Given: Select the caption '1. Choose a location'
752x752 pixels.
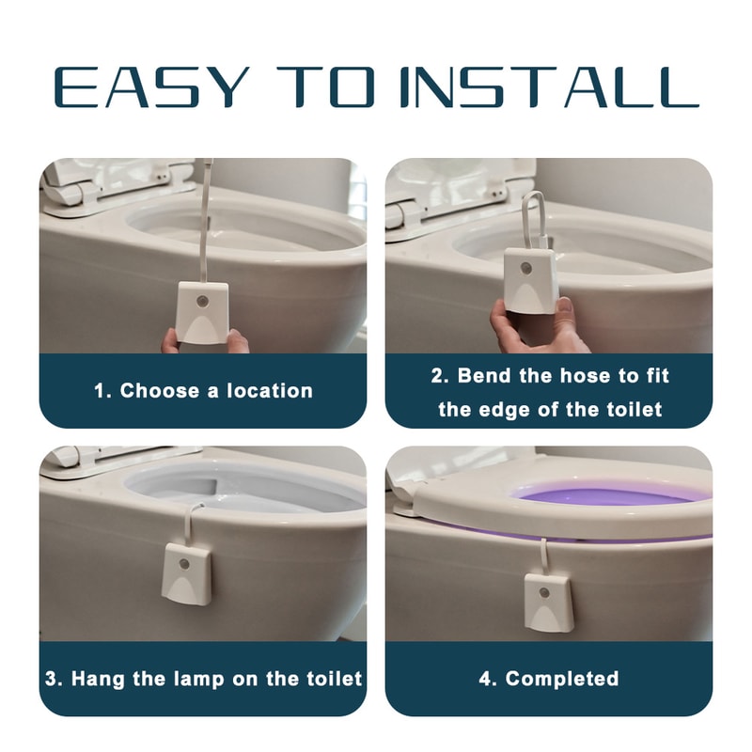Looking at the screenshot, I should click(x=203, y=391).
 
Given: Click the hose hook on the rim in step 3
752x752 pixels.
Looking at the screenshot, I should click(x=195, y=515).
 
